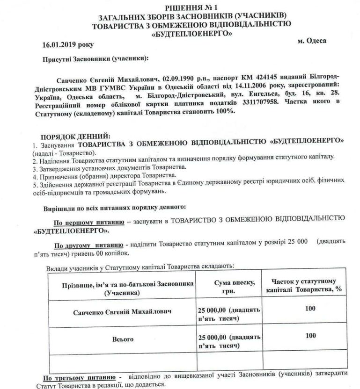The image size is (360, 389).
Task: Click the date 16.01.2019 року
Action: click(x=67, y=44)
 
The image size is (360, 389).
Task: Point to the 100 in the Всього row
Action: click(x=310, y=335)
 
